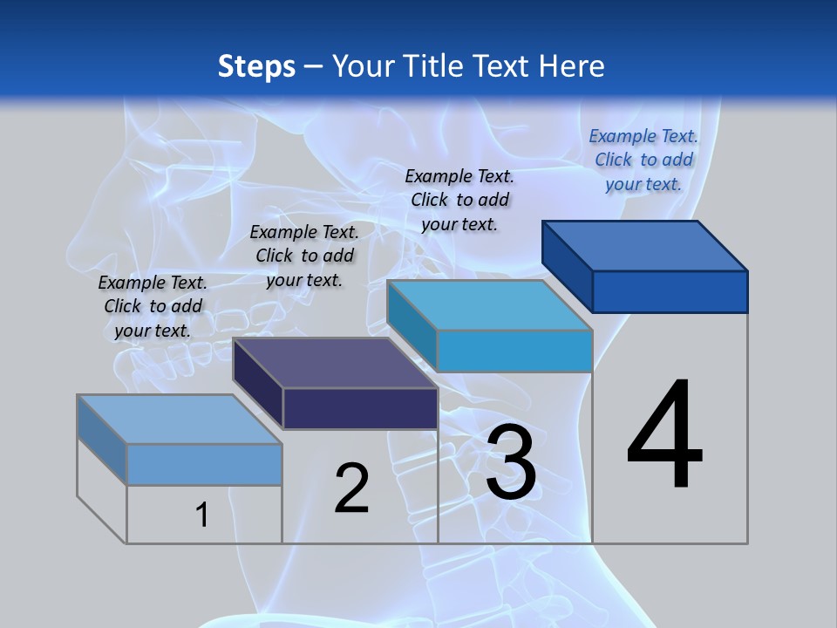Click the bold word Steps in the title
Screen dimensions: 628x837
tap(256, 66)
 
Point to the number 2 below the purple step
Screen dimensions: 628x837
tap(352, 488)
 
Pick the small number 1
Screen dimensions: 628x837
tap(202, 515)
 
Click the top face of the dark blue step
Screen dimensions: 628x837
tap(645, 246)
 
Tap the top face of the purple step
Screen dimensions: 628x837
tap(336, 363)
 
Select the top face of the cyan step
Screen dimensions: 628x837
tap(490, 305)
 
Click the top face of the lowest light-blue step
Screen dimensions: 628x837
tap(180, 420)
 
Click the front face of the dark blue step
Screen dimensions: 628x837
tap(670, 291)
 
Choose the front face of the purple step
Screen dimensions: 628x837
tap(360, 408)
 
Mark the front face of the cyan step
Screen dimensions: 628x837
tap(514, 351)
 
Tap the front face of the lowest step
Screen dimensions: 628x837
tap(204, 464)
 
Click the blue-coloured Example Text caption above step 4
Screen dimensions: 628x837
tap(643, 160)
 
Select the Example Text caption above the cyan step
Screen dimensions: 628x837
tap(459, 200)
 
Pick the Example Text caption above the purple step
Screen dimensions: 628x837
tap(304, 256)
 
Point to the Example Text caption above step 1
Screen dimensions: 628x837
tap(153, 306)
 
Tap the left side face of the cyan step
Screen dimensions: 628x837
tap(412, 326)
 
